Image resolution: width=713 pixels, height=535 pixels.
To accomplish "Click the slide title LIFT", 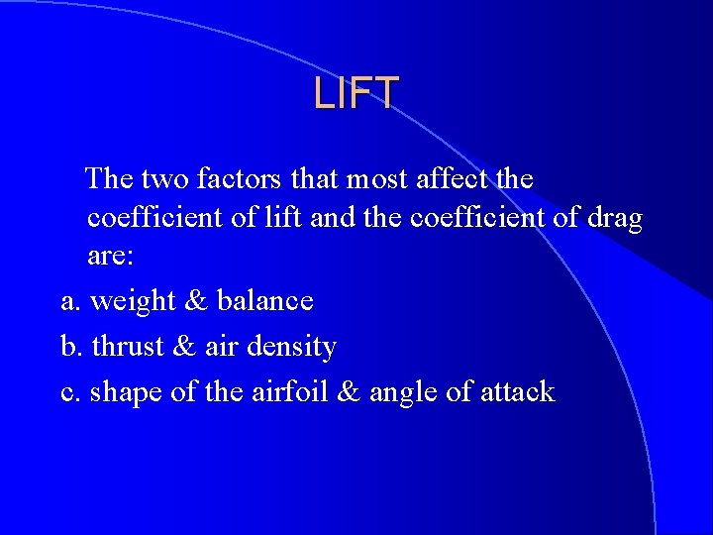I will point(356,93).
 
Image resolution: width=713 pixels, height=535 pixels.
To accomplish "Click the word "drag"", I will point(613,218).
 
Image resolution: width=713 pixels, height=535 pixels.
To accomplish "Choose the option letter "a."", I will point(70,300).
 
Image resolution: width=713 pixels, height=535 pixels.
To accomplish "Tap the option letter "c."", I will point(70,392).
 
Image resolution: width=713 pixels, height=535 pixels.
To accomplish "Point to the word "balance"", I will point(265,300).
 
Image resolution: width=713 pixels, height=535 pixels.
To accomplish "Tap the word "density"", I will point(293,347).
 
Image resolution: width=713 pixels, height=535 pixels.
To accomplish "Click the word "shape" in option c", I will point(127,392).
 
